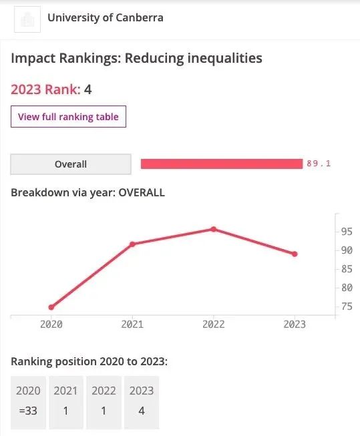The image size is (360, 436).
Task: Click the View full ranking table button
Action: [68, 116]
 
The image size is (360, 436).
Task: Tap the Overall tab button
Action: [71, 164]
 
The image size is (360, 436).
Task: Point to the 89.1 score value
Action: [319, 163]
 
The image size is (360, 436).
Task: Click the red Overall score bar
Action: [222, 164]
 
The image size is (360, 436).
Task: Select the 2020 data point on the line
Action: [51, 307]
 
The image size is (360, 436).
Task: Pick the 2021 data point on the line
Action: [132, 244]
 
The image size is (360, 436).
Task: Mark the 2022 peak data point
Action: [213, 229]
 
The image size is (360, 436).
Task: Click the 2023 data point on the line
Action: [295, 254]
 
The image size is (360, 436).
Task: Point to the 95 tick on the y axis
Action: [347, 231]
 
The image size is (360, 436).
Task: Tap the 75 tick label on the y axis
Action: [347, 306]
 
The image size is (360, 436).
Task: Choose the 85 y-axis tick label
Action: [347, 269]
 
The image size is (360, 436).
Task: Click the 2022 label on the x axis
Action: [213, 324]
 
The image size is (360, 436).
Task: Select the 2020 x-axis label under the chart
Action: [51, 324]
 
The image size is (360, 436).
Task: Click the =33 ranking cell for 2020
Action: [28, 411]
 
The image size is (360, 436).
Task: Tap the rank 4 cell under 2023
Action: [142, 411]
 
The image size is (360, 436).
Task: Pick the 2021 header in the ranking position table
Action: [65, 391]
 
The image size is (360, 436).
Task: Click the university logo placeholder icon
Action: [27, 19]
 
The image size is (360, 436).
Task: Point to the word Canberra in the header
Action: [140, 17]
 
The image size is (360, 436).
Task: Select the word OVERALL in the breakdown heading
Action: [142, 192]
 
